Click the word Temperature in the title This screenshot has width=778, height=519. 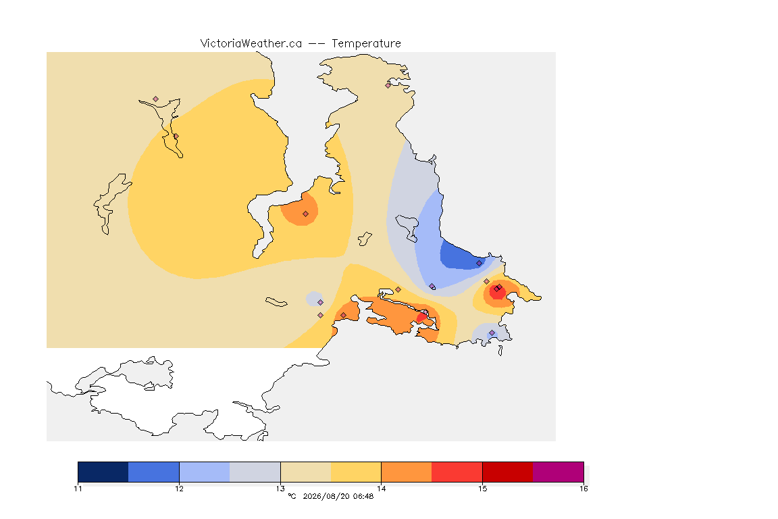(366, 44)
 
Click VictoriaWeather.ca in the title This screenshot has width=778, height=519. (251, 44)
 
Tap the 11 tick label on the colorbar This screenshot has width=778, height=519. (78, 489)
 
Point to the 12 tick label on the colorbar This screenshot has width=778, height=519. (179, 489)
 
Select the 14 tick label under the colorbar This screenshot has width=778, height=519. (381, 489)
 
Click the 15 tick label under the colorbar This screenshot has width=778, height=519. (483, 489)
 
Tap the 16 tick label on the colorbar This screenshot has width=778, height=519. (583, 489)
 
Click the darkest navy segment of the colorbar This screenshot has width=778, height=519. (103, 472)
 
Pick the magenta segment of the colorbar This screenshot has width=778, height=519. (559, 472)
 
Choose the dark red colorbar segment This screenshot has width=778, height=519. (508, 472)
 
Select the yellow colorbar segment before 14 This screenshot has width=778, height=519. (356, 472)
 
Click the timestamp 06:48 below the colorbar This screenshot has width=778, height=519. (363, 496)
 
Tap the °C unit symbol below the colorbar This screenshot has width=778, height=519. (292, 496)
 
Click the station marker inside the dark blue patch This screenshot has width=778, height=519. (479, 264)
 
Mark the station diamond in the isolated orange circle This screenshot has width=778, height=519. (306, 214)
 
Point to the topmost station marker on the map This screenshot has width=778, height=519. (388, 85)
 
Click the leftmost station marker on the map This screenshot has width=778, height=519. (156, 99)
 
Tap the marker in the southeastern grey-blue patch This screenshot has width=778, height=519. (492, 332)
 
